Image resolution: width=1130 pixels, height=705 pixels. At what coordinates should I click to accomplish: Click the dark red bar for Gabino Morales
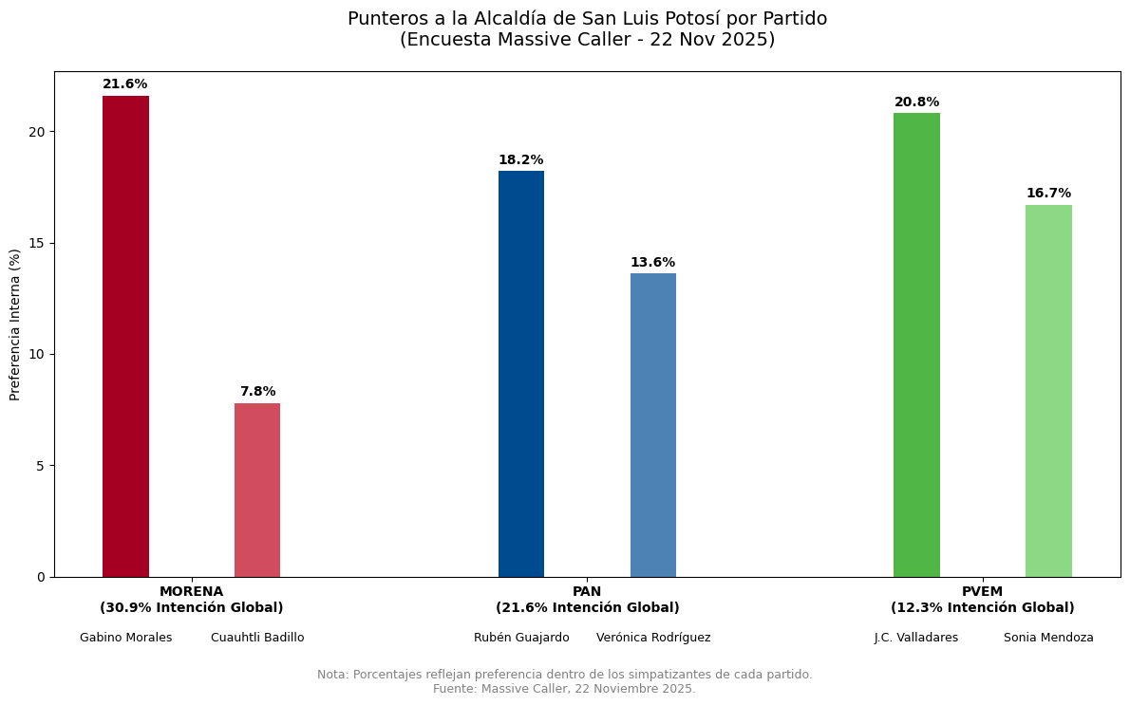[x=125, y=336]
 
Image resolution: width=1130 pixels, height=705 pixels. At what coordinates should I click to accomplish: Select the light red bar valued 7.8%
[x=257, y=490]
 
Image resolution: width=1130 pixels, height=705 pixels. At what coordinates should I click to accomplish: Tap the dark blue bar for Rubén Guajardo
[x=521, y=374]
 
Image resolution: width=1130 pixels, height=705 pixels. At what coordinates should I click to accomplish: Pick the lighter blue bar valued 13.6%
[x=653, y=425]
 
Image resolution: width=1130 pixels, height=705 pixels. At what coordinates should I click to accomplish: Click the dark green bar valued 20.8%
[x=916, y=344]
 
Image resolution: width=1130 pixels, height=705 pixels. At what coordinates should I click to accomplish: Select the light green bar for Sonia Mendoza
[x=1048, y=391]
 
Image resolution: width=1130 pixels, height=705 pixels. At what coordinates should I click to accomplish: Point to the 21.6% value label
[x=125, y=84]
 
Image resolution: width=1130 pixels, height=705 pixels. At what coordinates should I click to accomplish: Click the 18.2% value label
[x=521, y=160]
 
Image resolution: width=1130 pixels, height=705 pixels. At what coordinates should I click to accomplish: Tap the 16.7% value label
[x=1048, y=194]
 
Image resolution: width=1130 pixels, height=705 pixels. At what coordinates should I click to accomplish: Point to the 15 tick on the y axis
[x=39, y=243]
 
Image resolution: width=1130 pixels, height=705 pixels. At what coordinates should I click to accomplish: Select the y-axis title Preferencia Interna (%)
[x=15, y=325]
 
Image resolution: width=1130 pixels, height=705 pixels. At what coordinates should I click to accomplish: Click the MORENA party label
[x=192, y=592]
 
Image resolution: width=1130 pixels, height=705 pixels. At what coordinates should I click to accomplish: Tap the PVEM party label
[x=982, y=592]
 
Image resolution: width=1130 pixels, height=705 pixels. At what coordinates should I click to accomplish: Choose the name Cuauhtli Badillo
[x=257, y=638]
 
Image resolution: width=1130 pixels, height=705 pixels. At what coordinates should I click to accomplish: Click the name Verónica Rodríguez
[x=653, y=638]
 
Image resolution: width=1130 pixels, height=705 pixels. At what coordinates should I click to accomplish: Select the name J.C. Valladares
[x=916, y=638]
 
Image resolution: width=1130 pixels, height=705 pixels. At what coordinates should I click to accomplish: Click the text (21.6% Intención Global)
[x=587, y=608]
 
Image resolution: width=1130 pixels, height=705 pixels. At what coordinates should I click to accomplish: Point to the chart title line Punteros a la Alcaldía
[x=587, y=19]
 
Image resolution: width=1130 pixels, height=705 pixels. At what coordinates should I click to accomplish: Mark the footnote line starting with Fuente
[x=564, y=689]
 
